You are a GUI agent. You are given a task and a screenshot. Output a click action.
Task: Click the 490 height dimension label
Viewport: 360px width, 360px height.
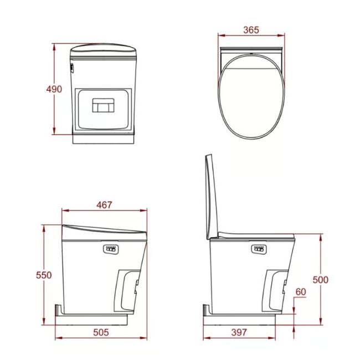click(54, 89)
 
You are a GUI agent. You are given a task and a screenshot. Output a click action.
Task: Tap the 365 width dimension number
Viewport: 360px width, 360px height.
click(251, 30)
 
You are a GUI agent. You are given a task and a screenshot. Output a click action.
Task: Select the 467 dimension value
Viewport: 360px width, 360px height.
click(104, 205)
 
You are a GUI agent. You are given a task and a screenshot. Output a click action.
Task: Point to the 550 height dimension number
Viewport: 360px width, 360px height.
click(44, 275)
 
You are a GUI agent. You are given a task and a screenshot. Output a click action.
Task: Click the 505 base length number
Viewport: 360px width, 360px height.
click(101, 332)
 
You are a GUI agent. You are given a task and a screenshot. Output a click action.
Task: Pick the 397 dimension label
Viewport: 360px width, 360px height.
click(239, 332)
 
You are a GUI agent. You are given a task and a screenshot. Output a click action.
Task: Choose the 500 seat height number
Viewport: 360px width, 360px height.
click(321, 280)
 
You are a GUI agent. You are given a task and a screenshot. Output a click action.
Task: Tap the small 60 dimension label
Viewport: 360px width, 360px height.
click(301, 292)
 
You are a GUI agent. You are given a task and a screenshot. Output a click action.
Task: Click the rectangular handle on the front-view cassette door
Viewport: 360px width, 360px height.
click(104, 105)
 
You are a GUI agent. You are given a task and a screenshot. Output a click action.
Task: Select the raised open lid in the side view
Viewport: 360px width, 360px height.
click(210, 198)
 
